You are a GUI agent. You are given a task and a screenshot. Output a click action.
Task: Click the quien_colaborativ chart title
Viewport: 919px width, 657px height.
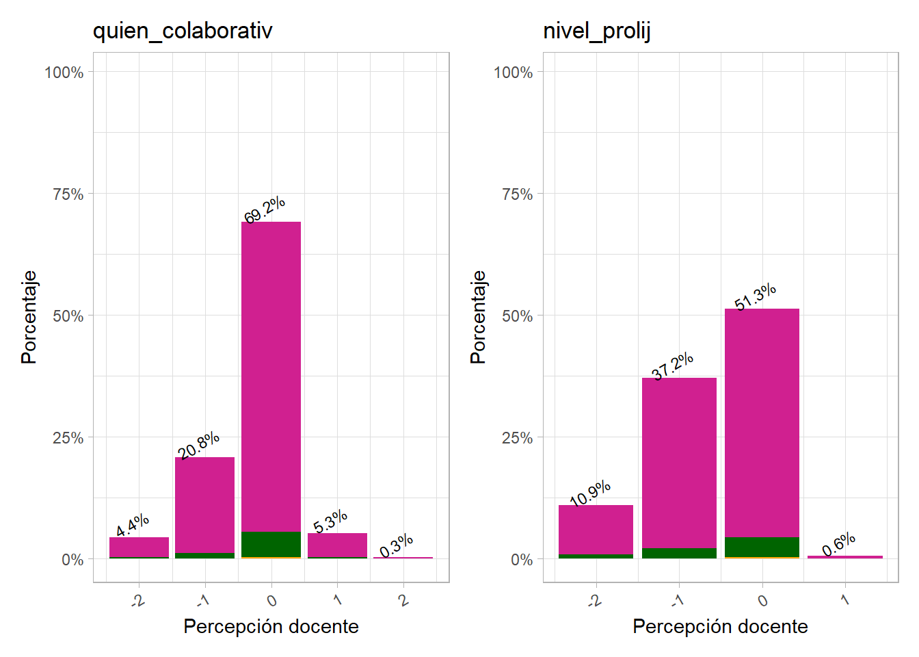pos(183,31)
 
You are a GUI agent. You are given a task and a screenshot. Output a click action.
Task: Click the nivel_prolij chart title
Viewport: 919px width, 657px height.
pos(596,31)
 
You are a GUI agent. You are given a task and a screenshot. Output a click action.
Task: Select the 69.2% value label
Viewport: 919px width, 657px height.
pos(265,210)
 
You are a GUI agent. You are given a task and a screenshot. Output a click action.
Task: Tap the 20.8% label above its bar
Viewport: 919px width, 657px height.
pos(199,446)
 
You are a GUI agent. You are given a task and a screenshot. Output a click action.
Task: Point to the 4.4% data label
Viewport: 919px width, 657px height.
pos(133,526)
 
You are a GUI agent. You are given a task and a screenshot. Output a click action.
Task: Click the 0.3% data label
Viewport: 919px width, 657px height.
pos(397,545)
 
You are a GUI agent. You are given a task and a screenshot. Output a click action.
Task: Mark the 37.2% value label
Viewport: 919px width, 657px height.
pos(673,366)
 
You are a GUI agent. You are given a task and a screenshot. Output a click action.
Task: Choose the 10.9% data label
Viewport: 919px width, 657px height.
pos(590,493)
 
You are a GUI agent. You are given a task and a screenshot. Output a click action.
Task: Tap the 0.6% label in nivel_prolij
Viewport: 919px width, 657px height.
pos(839,545)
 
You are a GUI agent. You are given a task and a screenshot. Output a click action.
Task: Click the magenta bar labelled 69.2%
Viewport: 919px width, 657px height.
pos(271,376)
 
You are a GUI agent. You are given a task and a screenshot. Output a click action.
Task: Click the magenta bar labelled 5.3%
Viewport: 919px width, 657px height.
pos(337,545)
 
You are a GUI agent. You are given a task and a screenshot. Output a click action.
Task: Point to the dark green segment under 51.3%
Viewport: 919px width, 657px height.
pos(762,547)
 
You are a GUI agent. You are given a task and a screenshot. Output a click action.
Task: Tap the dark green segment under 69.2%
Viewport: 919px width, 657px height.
pos(271,544)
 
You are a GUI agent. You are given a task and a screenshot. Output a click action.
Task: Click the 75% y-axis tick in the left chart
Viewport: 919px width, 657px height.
pos(68,194)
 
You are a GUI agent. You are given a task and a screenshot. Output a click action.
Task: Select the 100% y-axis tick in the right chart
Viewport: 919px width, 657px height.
pos(513,73)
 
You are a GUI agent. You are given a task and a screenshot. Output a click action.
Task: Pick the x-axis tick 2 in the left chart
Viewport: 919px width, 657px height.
pos(403,600)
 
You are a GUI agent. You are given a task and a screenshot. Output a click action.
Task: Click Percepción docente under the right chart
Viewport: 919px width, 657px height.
pos(720,626)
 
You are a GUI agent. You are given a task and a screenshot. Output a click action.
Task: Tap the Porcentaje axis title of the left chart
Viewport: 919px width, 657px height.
pos(29,317)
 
